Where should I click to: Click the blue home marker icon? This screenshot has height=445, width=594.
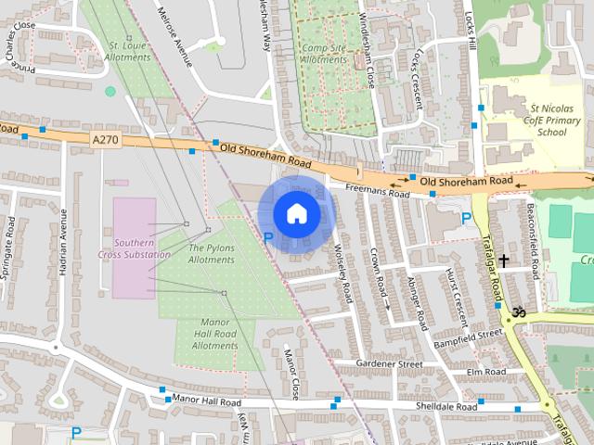pyautogui.click(x=296, y=213)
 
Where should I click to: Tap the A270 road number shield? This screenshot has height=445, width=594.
pyautogui.click(x=106, y=139)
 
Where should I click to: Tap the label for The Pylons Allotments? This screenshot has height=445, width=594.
pyautogui.click(x=212, y=254)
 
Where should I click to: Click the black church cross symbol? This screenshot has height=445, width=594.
pyautogui.click(x=505, y=261)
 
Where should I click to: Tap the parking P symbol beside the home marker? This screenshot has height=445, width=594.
pyautogui.click(x=268, y=238)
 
